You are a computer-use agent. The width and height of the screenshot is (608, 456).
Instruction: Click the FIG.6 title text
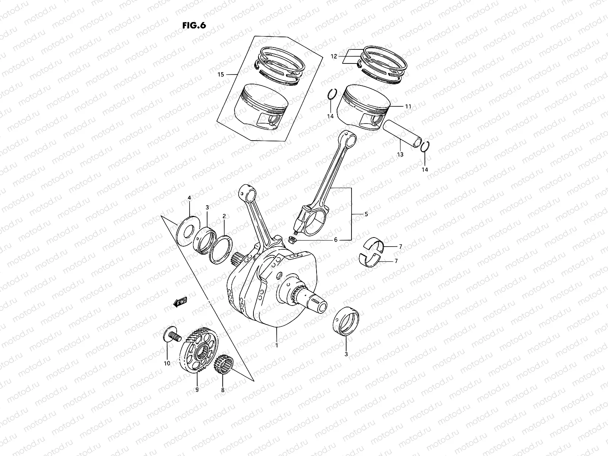point(194,25)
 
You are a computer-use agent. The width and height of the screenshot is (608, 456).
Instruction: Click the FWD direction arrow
point(180,302)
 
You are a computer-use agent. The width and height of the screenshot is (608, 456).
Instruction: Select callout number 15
point(221,75)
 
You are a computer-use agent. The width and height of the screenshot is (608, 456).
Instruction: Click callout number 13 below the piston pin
point(400,155)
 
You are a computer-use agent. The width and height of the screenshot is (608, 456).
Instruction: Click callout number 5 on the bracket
point(366,214)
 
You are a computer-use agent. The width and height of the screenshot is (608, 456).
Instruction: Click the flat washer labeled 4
point(188,230)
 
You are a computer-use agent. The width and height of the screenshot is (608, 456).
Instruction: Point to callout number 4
point(189,198)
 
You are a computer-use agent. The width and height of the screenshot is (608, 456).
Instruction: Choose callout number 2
point(224,216)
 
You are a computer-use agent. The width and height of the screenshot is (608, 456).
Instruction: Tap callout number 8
point(223,390)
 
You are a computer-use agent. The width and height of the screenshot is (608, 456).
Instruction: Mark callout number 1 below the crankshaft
point(277,346)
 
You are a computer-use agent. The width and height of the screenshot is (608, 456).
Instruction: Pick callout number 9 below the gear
point(197,389)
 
